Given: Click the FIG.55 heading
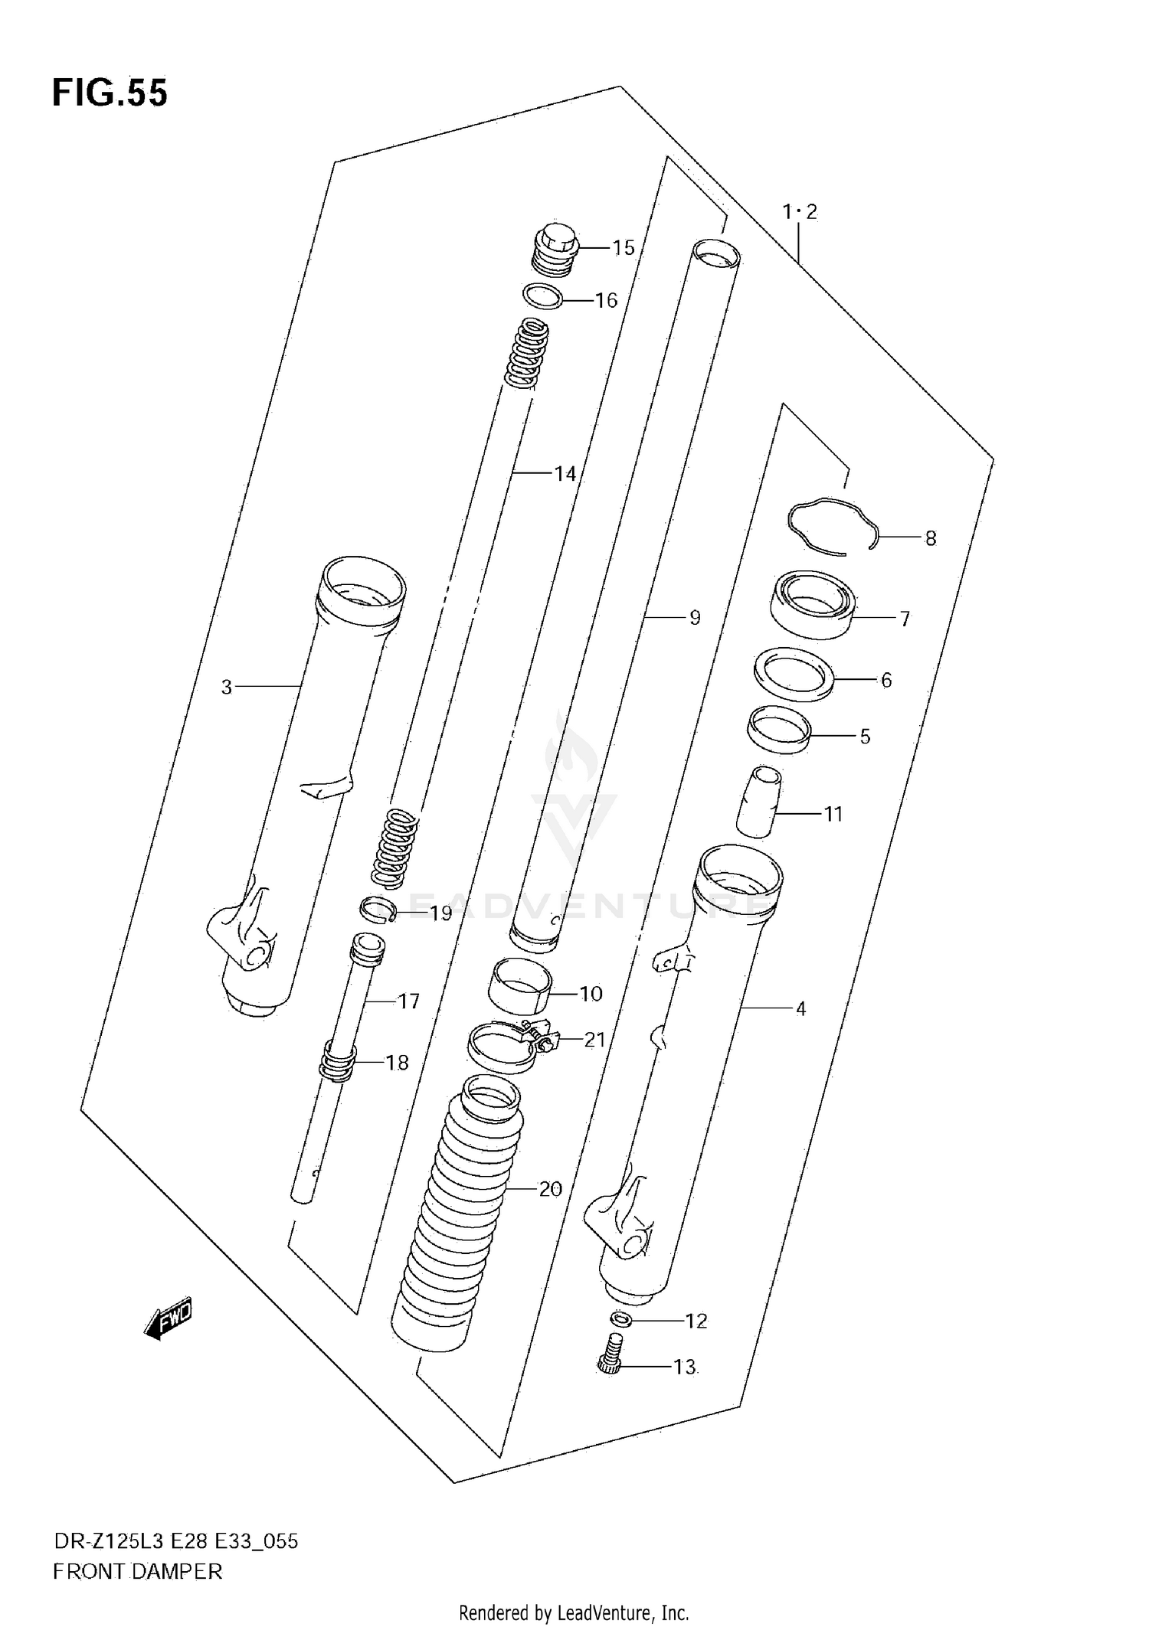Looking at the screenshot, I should tap(110, 93).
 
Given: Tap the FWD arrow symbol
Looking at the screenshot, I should tap(168, 1319).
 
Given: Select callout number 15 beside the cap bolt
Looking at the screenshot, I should tap(623, 247).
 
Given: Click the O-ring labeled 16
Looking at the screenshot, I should tap(542, 296).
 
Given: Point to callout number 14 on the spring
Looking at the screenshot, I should tap(565, 474).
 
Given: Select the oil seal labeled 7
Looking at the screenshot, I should tap(812, 604).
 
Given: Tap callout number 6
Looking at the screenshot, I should tap(885, 680).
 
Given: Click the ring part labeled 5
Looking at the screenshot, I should tap(779, 731).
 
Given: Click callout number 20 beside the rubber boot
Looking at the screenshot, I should tap(550, 1189).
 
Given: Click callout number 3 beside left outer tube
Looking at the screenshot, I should tap(226, 687).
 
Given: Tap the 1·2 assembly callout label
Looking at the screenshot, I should tap(800, 211).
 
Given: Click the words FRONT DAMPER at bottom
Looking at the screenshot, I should tap(138, 1571).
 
